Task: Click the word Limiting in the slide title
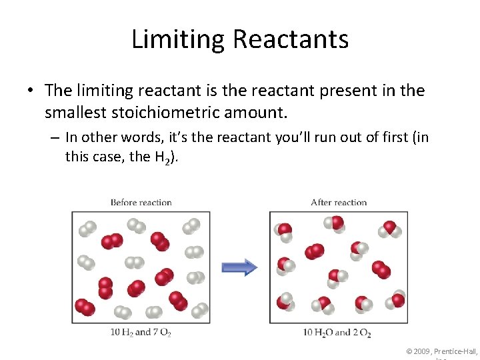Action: [178, 39]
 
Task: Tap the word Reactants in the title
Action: [291, 39]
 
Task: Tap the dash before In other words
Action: [55, 138]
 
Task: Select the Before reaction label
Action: [141, 203]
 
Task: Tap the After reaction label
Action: [339, 203]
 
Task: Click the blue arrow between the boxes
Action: [239, 267]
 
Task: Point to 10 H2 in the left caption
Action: [121, 332]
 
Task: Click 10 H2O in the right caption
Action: [318, 332]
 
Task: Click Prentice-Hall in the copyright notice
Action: [457, 351]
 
